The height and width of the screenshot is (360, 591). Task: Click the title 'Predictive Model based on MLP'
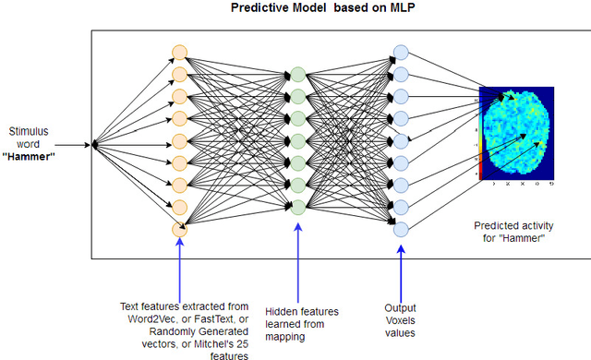click(x=295, y=10)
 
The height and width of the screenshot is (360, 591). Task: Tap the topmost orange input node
click(x=179, y=51)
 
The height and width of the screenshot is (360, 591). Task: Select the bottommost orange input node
click(x=179, y=229)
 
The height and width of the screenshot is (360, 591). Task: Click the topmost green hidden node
click(x=297, y=74)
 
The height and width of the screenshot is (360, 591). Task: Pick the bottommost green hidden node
click(x=297, y=207)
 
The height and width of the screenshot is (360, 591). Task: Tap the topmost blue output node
click(x=400, y=52)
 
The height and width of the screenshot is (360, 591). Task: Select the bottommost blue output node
click(x=400, y=229)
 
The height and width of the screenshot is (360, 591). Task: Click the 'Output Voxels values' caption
click(x=401, y=318)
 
